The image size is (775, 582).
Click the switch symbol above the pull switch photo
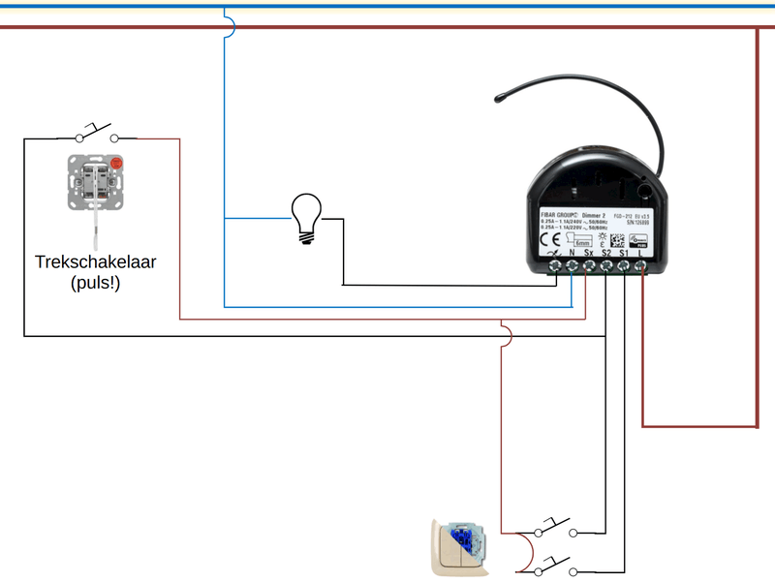pyautogui.click(x=94, y=133)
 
